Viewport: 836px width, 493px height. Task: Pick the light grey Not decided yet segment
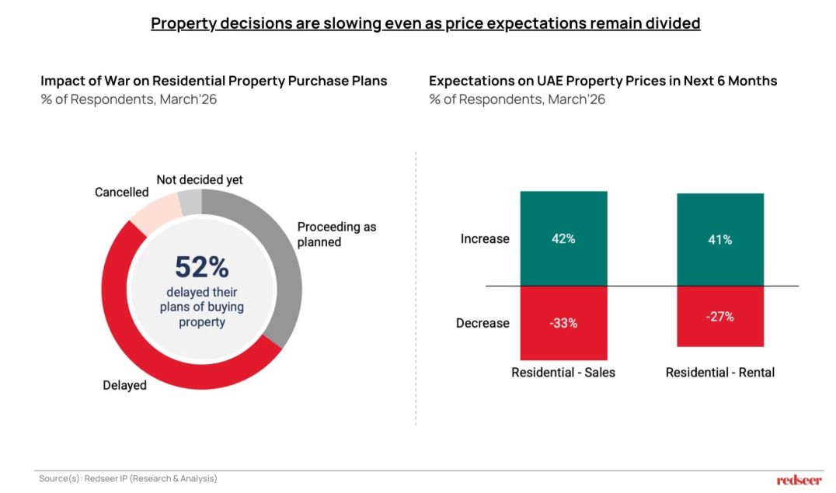click(x=191, y=203)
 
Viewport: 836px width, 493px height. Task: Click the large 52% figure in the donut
click(x=201, y=267)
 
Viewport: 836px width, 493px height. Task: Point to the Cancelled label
click(x=121, y=192)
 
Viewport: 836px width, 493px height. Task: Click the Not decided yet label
click(x=200, y=179)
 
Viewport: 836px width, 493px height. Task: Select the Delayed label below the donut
click(x=124, y=385)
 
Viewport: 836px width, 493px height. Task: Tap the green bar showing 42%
click(x=563, y=238)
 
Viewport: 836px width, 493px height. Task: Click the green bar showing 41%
click(x=720, y=240)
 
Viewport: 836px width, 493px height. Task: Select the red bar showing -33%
click(x=563, y=323)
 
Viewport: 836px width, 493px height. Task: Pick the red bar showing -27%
click(x=720, y=316)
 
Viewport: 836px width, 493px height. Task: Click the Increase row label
click(x=485, y=239)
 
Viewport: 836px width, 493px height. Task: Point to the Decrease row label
click(x=482, y=323)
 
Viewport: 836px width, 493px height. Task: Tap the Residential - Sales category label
click(x=563, y=373)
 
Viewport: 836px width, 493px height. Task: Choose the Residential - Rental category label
click(x=720, y=373)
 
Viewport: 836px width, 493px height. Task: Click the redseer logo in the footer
click(x=799, y=480)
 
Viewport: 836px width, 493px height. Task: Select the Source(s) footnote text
click(x=128, y=479)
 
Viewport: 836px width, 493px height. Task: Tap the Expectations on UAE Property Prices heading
click(x=603, y=81)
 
